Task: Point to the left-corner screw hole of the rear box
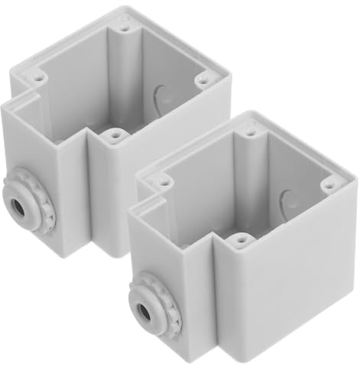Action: pyautogui.click(x=37, y=76)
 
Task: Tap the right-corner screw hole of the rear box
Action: pyautogui.click(x=203, y=77)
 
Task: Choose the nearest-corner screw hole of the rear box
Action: pyautogui.click(x=115, y=135)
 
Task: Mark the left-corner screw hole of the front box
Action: pyautogui.click(x=164, y=182)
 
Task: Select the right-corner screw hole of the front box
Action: pyautogui.click(x=329, y=183)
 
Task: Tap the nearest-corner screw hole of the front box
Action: pyautogui.click(x=241, y=240)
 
